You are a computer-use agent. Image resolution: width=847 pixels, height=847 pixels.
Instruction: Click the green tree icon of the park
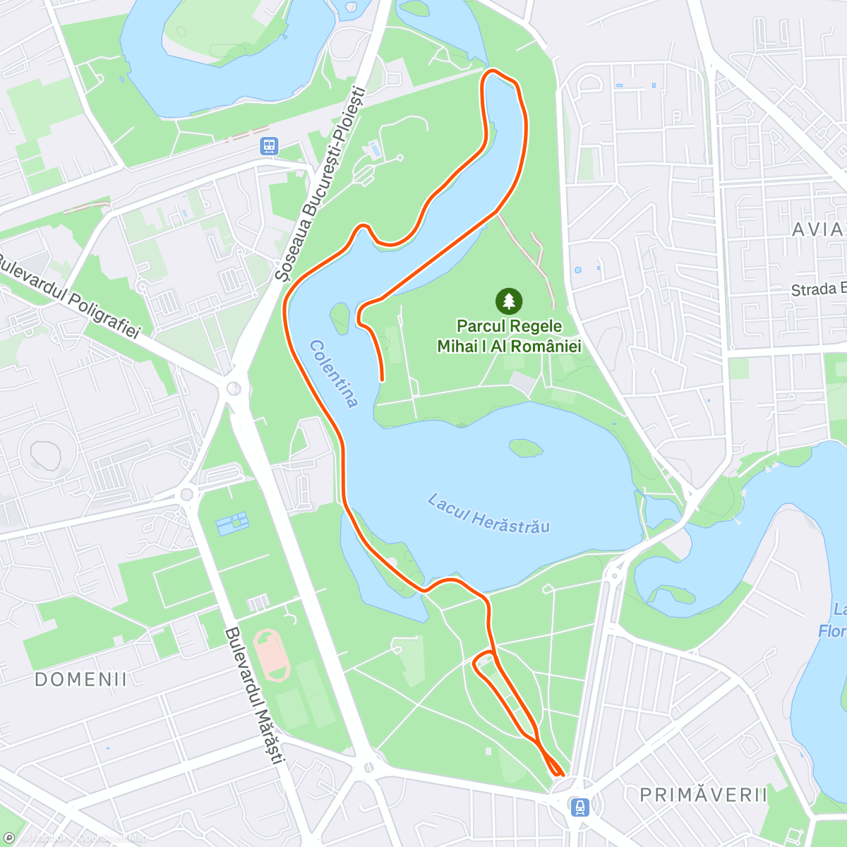tap(509, 301)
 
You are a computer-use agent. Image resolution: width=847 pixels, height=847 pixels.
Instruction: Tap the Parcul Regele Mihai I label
tap(509, 336)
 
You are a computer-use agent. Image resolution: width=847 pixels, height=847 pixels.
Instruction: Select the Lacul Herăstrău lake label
tap(488, 513)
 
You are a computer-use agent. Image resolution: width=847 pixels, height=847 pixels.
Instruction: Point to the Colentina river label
tap(334, 373)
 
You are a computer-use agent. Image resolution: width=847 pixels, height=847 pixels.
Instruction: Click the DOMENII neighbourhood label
tap(81, 680)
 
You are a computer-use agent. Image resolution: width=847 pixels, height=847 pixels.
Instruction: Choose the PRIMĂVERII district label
tap(703, 795)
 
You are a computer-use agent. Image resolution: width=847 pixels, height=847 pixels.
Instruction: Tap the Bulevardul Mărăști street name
tap(254, 695)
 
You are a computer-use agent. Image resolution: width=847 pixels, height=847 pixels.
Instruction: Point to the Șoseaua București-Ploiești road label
tap(321, 184)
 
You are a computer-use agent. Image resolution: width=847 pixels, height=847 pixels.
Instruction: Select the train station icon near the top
tap(269, 146)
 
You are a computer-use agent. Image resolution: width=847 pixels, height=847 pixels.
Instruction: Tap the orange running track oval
tap(271, 656)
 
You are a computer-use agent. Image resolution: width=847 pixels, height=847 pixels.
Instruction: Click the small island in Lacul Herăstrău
tap(526, 447)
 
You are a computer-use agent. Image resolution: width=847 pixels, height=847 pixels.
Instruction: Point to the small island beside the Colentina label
tap(340, 317)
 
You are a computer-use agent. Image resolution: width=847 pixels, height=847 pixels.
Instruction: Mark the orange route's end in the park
tap(383, 380)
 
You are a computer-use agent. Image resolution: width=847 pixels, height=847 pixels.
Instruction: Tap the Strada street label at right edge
tap(818, 289)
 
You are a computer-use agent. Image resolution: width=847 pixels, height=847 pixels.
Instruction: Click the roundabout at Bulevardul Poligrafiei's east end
tap(234, 388)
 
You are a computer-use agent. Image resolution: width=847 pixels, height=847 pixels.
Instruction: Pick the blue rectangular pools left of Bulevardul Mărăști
tap(233, 523)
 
